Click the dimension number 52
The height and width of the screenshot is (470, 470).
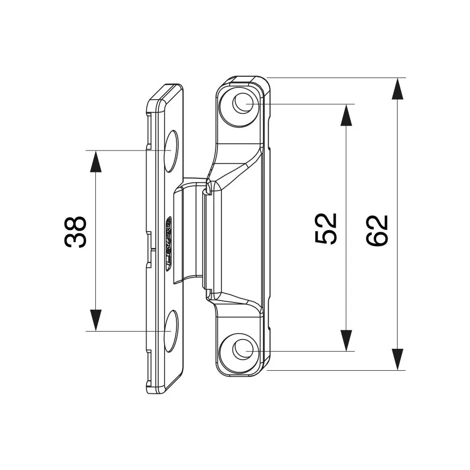pyautogui.click(x=326, y=228)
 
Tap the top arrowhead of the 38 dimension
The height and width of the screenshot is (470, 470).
pyautogui.click(x=96, y=161)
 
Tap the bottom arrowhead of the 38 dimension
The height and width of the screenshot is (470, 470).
pyautogui.click(x=96, y=320)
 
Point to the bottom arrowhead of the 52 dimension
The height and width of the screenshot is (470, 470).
pyautogui.click(x=346, y=340)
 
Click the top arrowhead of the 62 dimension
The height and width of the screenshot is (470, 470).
pyautogui.click(x=398, y=89)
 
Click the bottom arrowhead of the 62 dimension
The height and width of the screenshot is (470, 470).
pyautogui.click(x=398, y=359)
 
